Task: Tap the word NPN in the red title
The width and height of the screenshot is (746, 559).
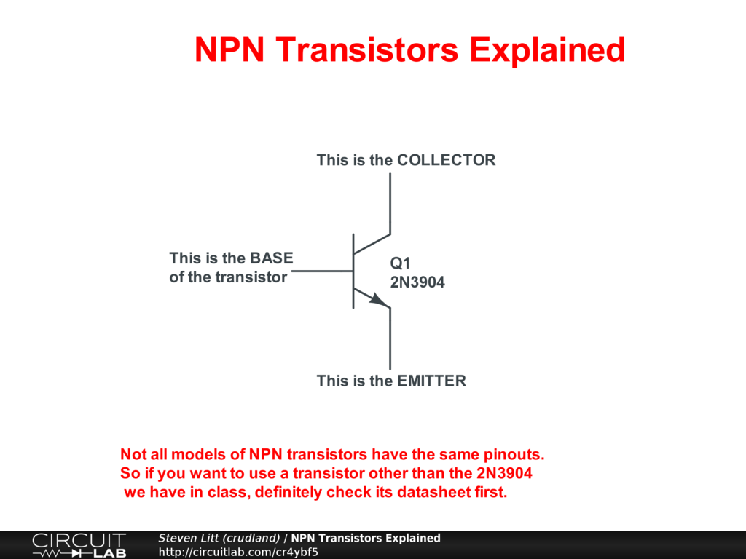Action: click(229, 49)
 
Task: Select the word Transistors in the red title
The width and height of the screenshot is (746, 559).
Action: click(367, 49)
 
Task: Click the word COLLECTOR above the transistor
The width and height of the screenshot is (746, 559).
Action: click(447, 160)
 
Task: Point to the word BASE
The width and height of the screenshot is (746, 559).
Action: click(272, 258)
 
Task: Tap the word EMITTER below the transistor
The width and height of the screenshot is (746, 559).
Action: click(431, 381)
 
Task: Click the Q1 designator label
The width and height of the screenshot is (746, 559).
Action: click(400, 263)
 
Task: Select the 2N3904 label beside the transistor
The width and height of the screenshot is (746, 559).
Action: click(417, 282)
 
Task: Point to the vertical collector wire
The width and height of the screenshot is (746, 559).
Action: click(390, 203)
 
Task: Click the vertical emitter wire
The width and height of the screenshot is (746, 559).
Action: click(390, 338)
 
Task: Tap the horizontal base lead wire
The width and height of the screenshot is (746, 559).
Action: click(322, 271)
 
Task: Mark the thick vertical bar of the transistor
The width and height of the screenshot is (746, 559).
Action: click(353, 271)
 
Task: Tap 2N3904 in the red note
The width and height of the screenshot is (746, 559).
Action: click(504, 473)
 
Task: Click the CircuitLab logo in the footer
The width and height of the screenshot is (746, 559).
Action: click(79, 545)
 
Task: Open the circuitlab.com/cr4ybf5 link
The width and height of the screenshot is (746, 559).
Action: click(238, 552)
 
